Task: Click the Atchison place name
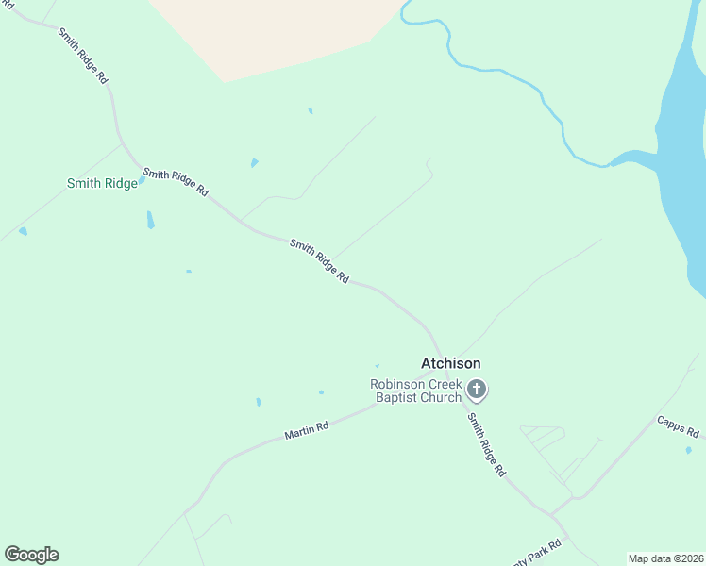click(x=450, y=363)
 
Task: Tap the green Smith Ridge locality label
click(x=102, y=183)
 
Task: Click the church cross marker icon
click(x=478, y=389)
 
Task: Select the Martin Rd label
click(x=307, y=430)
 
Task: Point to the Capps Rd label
click(x=679, y=426)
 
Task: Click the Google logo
click(x=31, y=555)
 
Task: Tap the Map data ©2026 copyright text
click(x=665, y=558)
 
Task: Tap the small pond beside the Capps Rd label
click(x=688, y=450)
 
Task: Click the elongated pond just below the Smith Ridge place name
click(x=150, y=220)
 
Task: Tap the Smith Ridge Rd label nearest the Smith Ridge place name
click(x=176, y=182)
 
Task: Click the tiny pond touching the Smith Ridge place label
click(x=142, y=179)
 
